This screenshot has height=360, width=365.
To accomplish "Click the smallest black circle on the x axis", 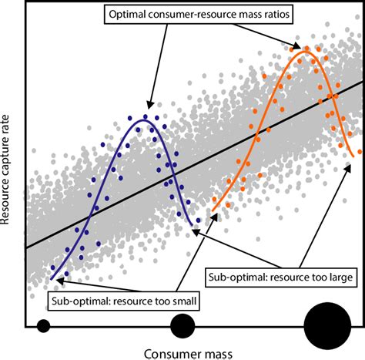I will pos(43,325).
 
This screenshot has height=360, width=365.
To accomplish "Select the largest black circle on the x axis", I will pos(327,325).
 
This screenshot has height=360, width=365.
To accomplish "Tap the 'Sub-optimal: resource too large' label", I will pos(280,274).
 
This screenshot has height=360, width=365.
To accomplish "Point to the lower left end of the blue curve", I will pos(52,275).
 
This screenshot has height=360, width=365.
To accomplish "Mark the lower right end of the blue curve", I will pos(193,228).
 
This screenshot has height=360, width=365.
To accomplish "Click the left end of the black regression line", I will pos(26,247).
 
